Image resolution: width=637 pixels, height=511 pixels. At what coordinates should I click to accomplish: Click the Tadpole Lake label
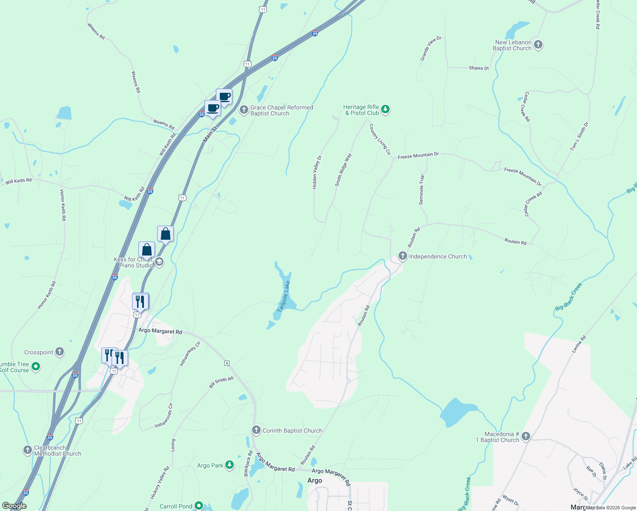click(x=284, y=296)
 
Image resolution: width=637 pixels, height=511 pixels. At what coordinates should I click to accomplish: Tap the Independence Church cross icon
click(x=402, y=256)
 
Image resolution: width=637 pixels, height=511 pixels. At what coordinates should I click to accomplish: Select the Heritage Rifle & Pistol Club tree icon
click(x=385, y=109)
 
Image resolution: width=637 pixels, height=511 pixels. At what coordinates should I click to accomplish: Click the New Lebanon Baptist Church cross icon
click(x=538, y=45)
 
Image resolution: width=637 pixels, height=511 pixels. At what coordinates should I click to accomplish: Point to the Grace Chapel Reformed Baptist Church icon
click(x=244, y=110)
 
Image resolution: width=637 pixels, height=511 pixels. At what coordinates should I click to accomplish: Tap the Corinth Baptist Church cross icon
click(x=256, y=430)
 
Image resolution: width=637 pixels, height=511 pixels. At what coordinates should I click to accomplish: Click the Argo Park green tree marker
click(x=230, y=465)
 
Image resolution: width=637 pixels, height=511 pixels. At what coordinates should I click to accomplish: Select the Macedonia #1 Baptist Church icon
click(x=525, y=436)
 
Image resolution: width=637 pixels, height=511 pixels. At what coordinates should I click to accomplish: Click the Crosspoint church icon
click(x=60, y=352)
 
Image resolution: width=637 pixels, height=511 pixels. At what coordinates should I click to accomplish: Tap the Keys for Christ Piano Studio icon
click(x=159, y=261)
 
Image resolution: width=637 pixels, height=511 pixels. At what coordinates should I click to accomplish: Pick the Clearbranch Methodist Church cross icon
click(x=27, y=450)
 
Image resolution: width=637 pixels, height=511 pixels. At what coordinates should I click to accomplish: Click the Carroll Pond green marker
click(x=198, y=506)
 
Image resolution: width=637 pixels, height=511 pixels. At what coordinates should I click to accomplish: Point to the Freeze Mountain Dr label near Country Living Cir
click(x=418, y=156)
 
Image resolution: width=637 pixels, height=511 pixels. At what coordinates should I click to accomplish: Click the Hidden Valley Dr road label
click(x=317, y=172)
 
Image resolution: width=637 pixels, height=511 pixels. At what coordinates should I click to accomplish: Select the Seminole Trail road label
click(x=422, y=189)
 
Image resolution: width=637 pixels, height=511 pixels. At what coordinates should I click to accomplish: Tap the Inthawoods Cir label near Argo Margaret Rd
click(x=190, y=354)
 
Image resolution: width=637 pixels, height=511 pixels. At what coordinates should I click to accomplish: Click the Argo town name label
click(x=315, y=480)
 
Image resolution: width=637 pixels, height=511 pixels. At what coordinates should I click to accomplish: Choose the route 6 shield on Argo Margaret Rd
click(x=227, y=363)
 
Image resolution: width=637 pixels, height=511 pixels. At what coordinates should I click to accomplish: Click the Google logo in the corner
click(x=14, y=506)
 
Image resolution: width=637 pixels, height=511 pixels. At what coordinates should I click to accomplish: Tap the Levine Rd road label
click(x=579, y=344)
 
